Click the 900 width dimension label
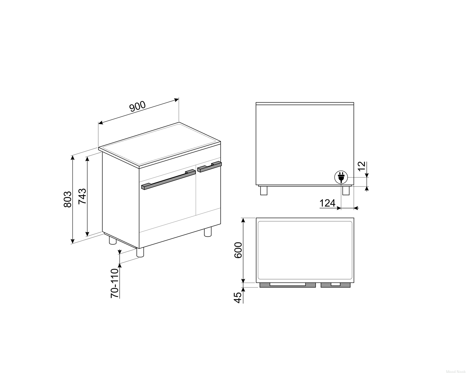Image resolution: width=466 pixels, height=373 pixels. pos(138,106)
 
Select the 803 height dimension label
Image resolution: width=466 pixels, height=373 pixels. pos(67,199)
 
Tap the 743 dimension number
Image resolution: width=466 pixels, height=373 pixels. pos(82,196)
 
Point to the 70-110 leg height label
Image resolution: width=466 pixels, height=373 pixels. pos(115,283)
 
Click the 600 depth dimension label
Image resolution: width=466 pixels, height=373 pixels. pos(238,250)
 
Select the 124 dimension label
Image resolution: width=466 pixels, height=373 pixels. pos(327,203)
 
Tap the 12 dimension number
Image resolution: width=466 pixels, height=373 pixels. pos(362,166)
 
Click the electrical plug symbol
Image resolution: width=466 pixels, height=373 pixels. pos(341,177)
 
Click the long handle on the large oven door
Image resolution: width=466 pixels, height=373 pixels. pos(168,180)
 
